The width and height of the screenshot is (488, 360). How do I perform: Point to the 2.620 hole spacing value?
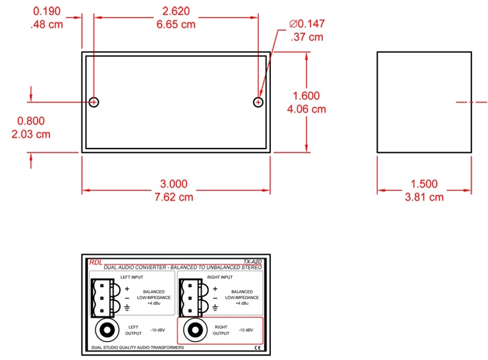176,12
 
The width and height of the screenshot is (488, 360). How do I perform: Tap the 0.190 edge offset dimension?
46,12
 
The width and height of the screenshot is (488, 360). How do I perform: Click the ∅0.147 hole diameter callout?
307,24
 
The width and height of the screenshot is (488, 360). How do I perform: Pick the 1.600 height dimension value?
306,96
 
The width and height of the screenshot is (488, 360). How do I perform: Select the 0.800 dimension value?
31,121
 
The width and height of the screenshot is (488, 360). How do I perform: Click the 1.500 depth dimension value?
424,184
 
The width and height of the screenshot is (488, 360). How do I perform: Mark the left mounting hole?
94,102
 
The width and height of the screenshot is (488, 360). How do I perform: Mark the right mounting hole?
258,102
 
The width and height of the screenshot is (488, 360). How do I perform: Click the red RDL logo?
95,261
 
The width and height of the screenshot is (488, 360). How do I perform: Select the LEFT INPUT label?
133,277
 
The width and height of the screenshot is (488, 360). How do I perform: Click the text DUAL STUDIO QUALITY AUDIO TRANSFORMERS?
138,347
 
